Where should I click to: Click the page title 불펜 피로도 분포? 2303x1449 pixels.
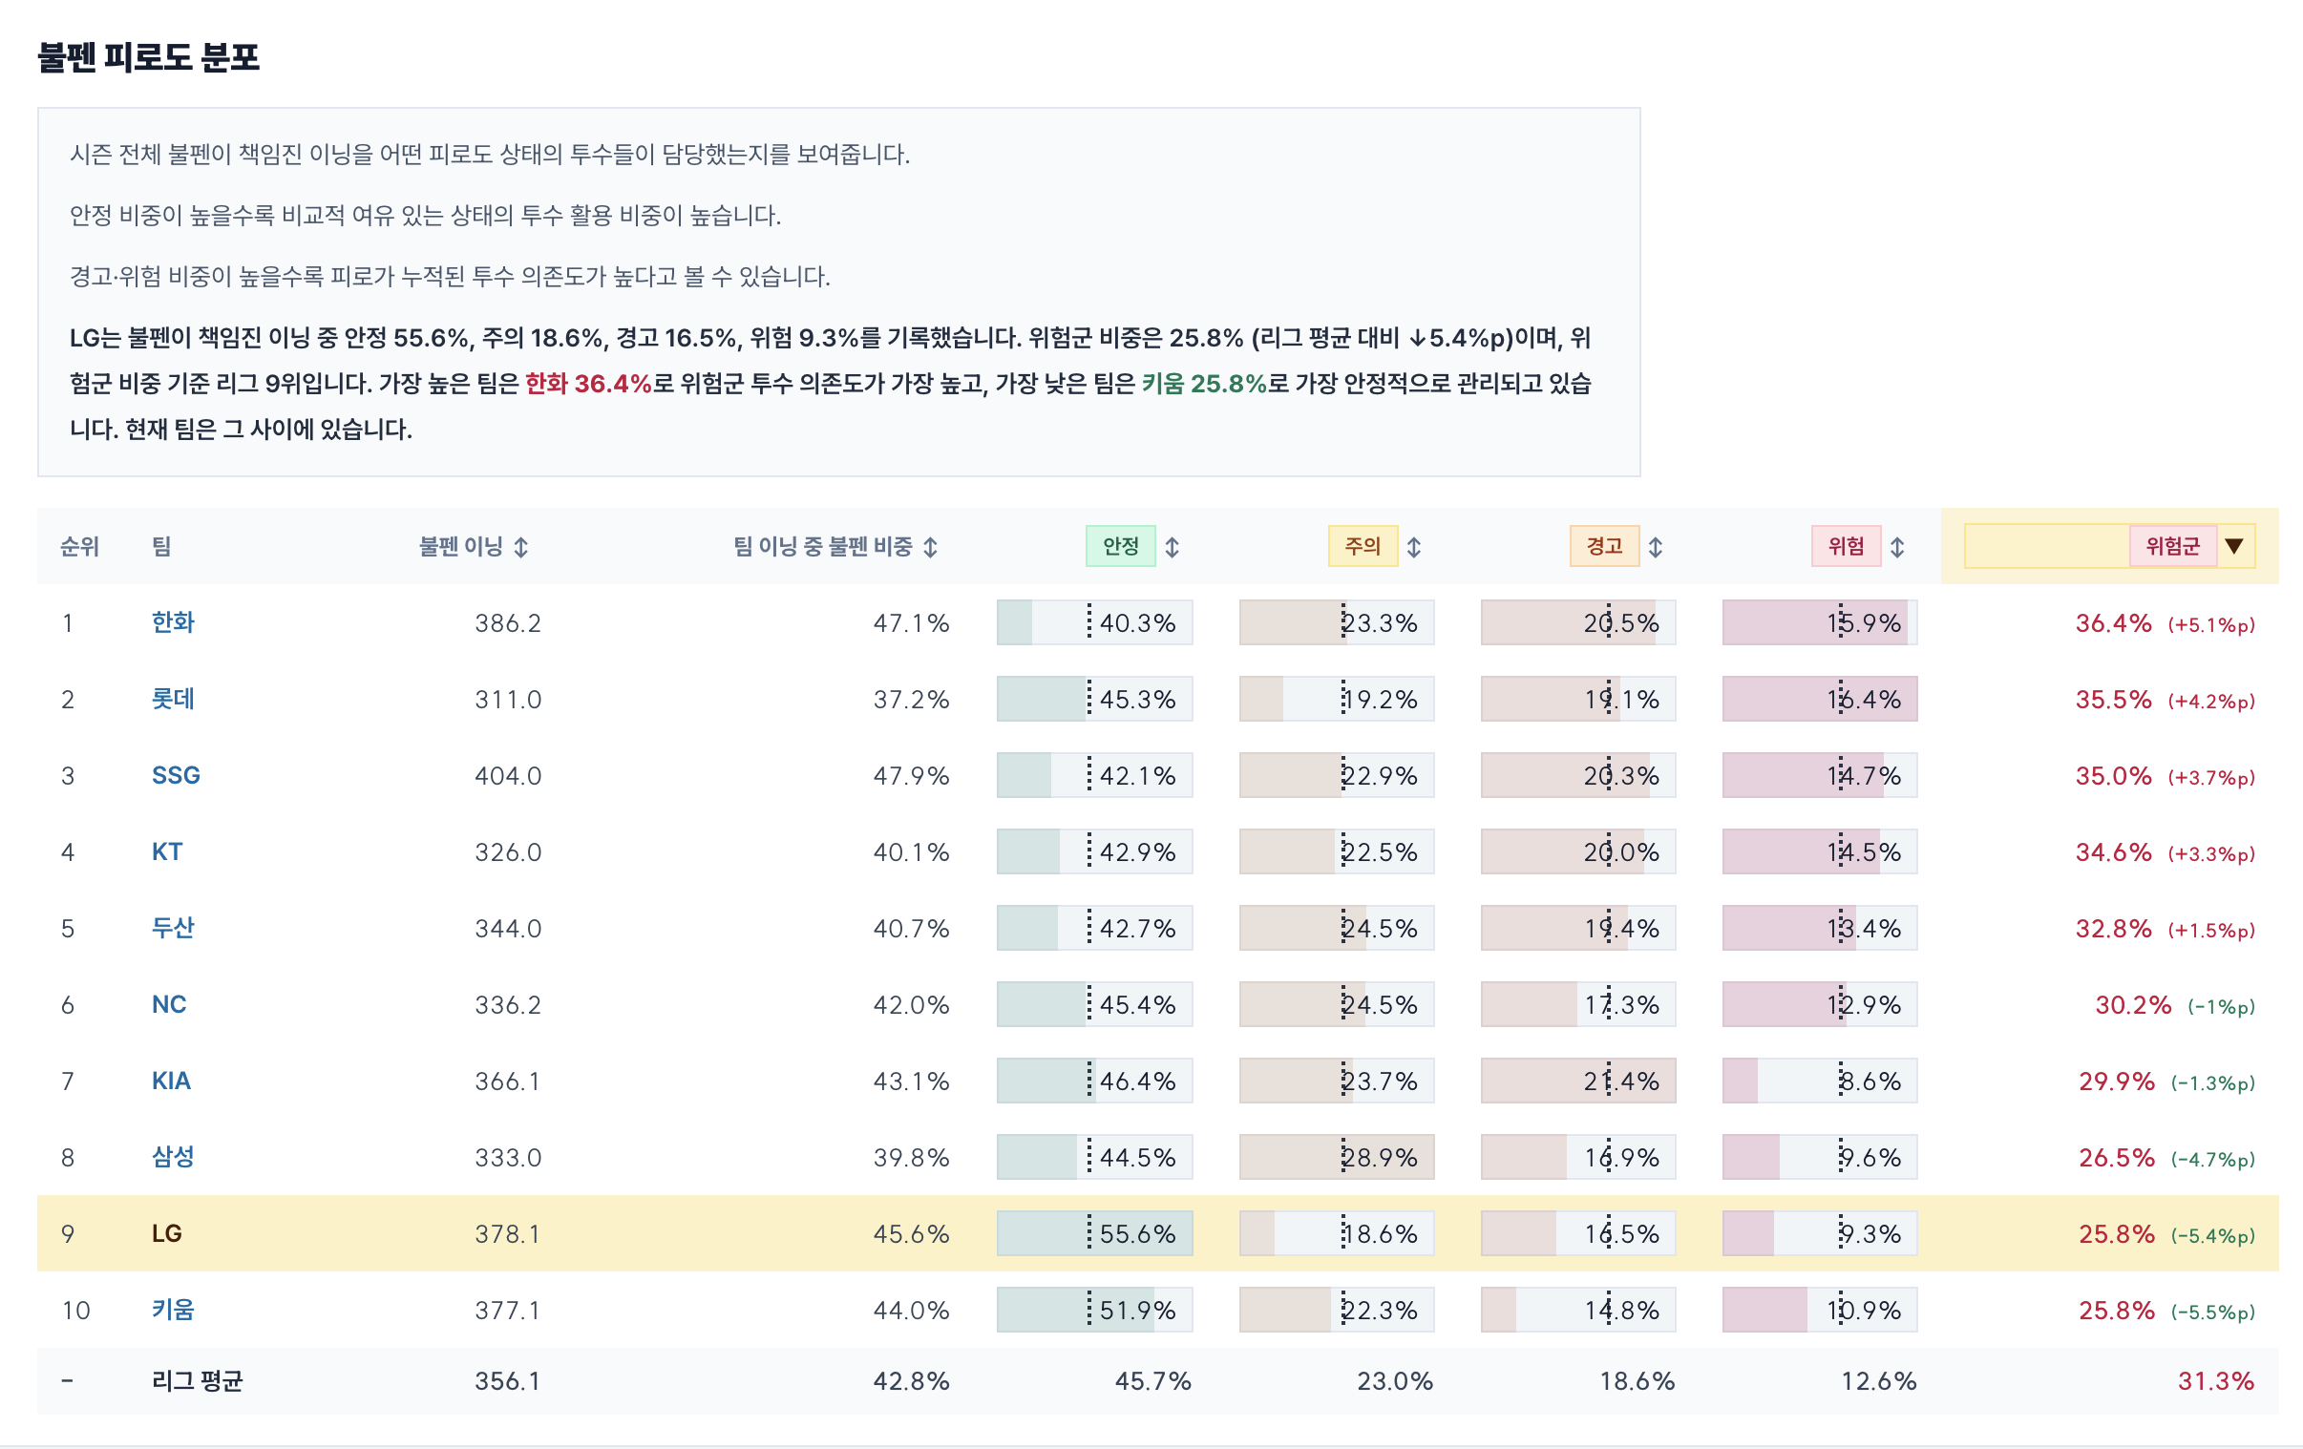pos(148,57)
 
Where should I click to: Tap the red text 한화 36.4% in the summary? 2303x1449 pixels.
pos(588,384)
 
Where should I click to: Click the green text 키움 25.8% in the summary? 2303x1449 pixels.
pos(1204,384)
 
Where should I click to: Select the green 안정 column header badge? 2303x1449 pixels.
pos(1121,546)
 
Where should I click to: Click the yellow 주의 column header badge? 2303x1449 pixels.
pos(1363,546)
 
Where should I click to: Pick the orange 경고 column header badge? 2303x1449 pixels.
pos(1605,546)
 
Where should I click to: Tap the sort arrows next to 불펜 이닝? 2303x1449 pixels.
pos(521,547)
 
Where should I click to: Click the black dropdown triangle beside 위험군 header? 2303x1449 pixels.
pos(2234,546)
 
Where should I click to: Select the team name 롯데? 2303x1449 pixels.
pos(173,699)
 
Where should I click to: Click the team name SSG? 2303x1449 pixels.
pos(176,776)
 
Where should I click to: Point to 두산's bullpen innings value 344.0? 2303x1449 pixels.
pos(508,929)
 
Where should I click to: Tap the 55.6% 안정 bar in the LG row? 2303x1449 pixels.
pos(1095,1234)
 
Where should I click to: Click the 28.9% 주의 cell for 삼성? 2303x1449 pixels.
pos(1337,1157)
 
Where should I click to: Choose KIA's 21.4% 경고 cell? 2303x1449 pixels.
pos(1579,1081)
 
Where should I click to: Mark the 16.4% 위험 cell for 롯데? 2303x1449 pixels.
pos(1820,699)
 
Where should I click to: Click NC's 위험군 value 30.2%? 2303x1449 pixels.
pos(2134,1005)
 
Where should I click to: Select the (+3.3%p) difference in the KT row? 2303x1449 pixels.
pos(2211,853)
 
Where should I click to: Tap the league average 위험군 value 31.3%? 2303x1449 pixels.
pos(2216,1381)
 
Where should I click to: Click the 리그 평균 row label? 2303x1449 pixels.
pos(197,1381)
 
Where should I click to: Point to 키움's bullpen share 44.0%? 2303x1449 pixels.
pos(912,1311)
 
